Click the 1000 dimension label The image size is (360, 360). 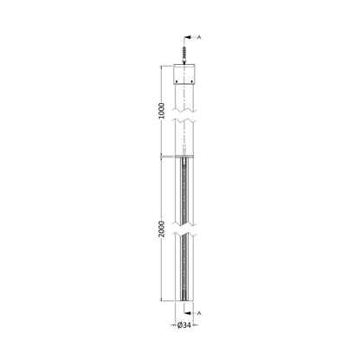[x=162, y=111]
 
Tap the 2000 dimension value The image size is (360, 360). [x=162, y=228]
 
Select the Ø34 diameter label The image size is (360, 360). [x=184, y=325]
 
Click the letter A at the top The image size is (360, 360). [x=199, y=37]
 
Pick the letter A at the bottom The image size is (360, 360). [x=199, y=313]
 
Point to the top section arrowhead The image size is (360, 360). [x=187, y=37]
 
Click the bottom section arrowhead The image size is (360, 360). [x=187, y=313]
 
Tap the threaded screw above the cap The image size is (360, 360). [x=184, y=55]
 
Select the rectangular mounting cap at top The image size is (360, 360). [x=184, y=74]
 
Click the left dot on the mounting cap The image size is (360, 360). [x=177, y=80]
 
